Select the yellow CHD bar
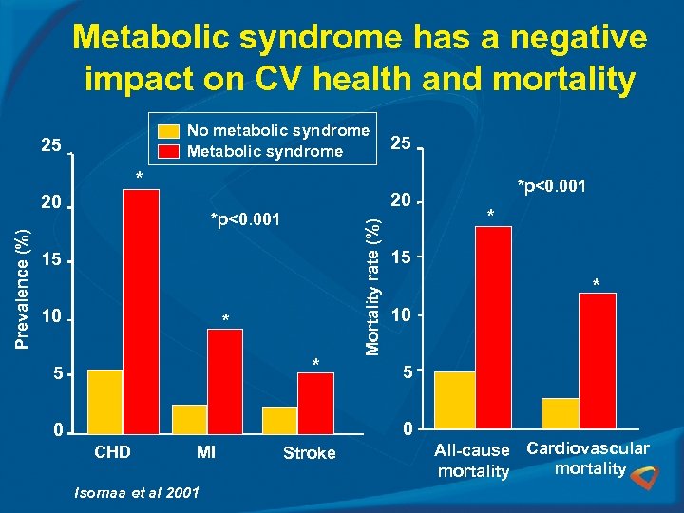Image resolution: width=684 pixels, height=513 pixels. pos(104,400)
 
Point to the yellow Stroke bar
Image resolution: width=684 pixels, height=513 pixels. pos(279,419)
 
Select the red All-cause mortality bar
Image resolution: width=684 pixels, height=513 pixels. pos(493,326)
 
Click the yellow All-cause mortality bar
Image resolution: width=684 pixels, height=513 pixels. pos(454,399)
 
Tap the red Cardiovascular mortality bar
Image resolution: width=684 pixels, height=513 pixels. pos(598,359)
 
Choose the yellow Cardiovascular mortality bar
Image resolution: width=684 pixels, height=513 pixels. pos(560,412)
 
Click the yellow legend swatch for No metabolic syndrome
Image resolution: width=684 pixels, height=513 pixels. pos(168,131)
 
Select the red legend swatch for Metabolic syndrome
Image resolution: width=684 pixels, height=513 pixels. pos(168,151)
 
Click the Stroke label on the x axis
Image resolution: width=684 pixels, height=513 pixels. pos(309,453)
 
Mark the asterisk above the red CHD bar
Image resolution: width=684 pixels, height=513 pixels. pos(139,178)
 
